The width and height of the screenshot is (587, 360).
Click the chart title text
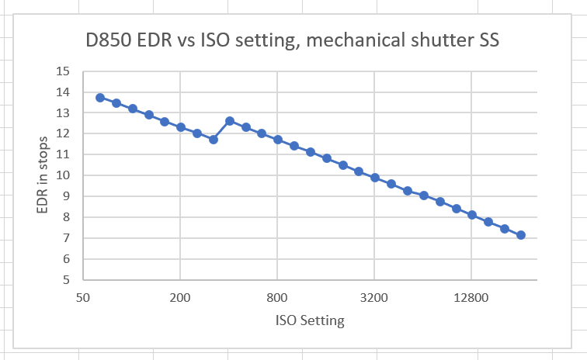(x=293, y=40)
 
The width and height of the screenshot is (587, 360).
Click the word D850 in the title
(x=109, y=40)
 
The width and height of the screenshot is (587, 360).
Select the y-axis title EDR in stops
(x=42, y=175)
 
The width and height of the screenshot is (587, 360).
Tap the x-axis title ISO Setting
(x=310, y=320)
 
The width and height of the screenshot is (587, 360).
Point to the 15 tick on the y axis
(x=63, y=71)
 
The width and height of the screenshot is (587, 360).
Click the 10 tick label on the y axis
(x=63, y=175)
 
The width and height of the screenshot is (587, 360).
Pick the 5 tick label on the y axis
(x=66, y=279)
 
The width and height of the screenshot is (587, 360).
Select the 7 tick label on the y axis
(x=66, y=238)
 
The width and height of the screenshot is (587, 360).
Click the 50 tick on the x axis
(x=83, y=298)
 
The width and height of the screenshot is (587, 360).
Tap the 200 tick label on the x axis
(x=179, y=298)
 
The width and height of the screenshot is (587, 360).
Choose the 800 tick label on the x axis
(x=277, y=298)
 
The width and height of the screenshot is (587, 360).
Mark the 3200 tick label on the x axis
(x=374, y=298)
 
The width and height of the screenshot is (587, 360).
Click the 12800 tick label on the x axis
(x=471, y=298)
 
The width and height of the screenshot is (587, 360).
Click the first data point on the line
(x=100, y=98)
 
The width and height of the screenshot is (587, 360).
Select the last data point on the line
(x=521, y=235)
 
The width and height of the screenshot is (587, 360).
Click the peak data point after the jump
(x=230, y=121)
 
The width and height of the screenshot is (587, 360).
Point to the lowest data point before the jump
(x=214, y=140)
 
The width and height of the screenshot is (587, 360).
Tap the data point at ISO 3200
(x=375, y=178)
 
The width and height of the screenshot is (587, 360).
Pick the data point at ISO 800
(x=278, y=140)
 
